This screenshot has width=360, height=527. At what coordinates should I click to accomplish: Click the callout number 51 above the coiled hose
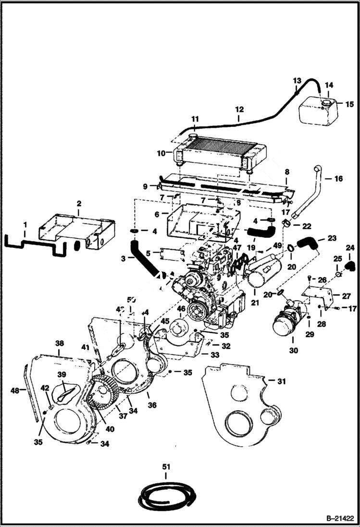coord(166,466)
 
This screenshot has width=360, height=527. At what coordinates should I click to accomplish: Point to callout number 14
coord(329,85)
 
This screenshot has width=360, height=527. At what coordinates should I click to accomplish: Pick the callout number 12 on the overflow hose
coord(239,110)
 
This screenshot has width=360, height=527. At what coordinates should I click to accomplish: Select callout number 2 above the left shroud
coord(79,204)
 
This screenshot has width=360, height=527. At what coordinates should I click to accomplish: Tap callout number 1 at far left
coord(25,224)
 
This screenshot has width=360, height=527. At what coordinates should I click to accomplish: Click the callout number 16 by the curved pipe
coord(339,178)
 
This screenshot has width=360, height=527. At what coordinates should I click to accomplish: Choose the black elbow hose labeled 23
coord(306,245)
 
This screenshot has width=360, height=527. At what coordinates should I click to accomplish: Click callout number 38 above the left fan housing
coord(59,344)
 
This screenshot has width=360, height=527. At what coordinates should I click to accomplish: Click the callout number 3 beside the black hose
coord(124,258)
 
